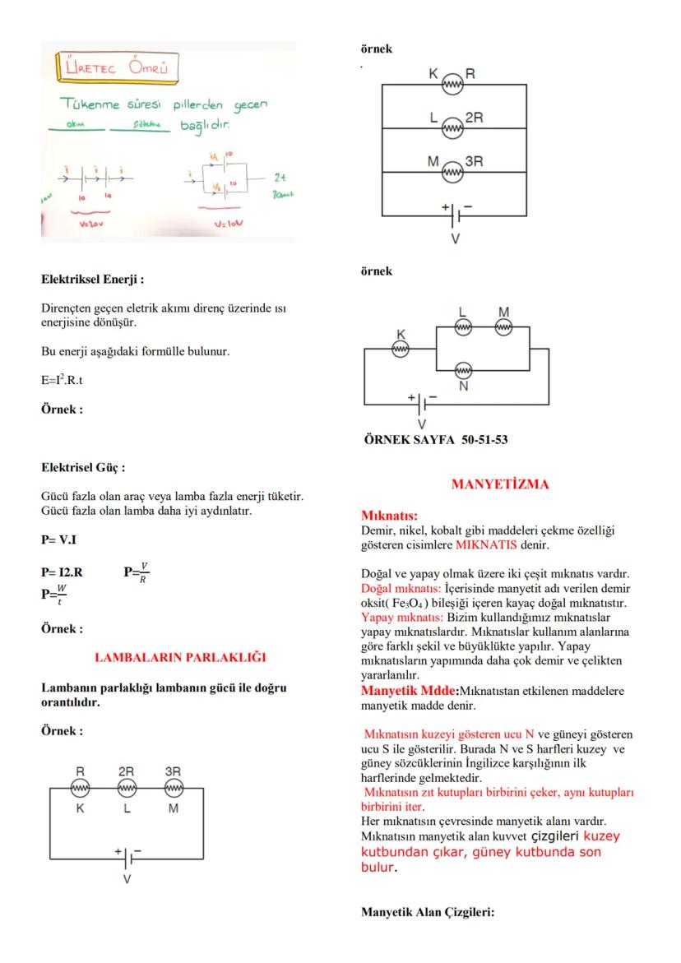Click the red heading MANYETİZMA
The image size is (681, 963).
499,484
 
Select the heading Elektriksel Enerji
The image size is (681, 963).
93,280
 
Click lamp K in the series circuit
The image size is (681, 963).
80,789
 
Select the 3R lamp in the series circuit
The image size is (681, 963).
173,789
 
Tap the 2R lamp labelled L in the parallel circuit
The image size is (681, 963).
452,127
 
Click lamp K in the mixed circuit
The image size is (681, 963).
401,349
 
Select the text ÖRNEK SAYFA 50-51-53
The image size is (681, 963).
436,439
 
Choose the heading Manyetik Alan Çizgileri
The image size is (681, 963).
428,911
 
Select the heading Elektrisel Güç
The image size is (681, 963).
83,468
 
